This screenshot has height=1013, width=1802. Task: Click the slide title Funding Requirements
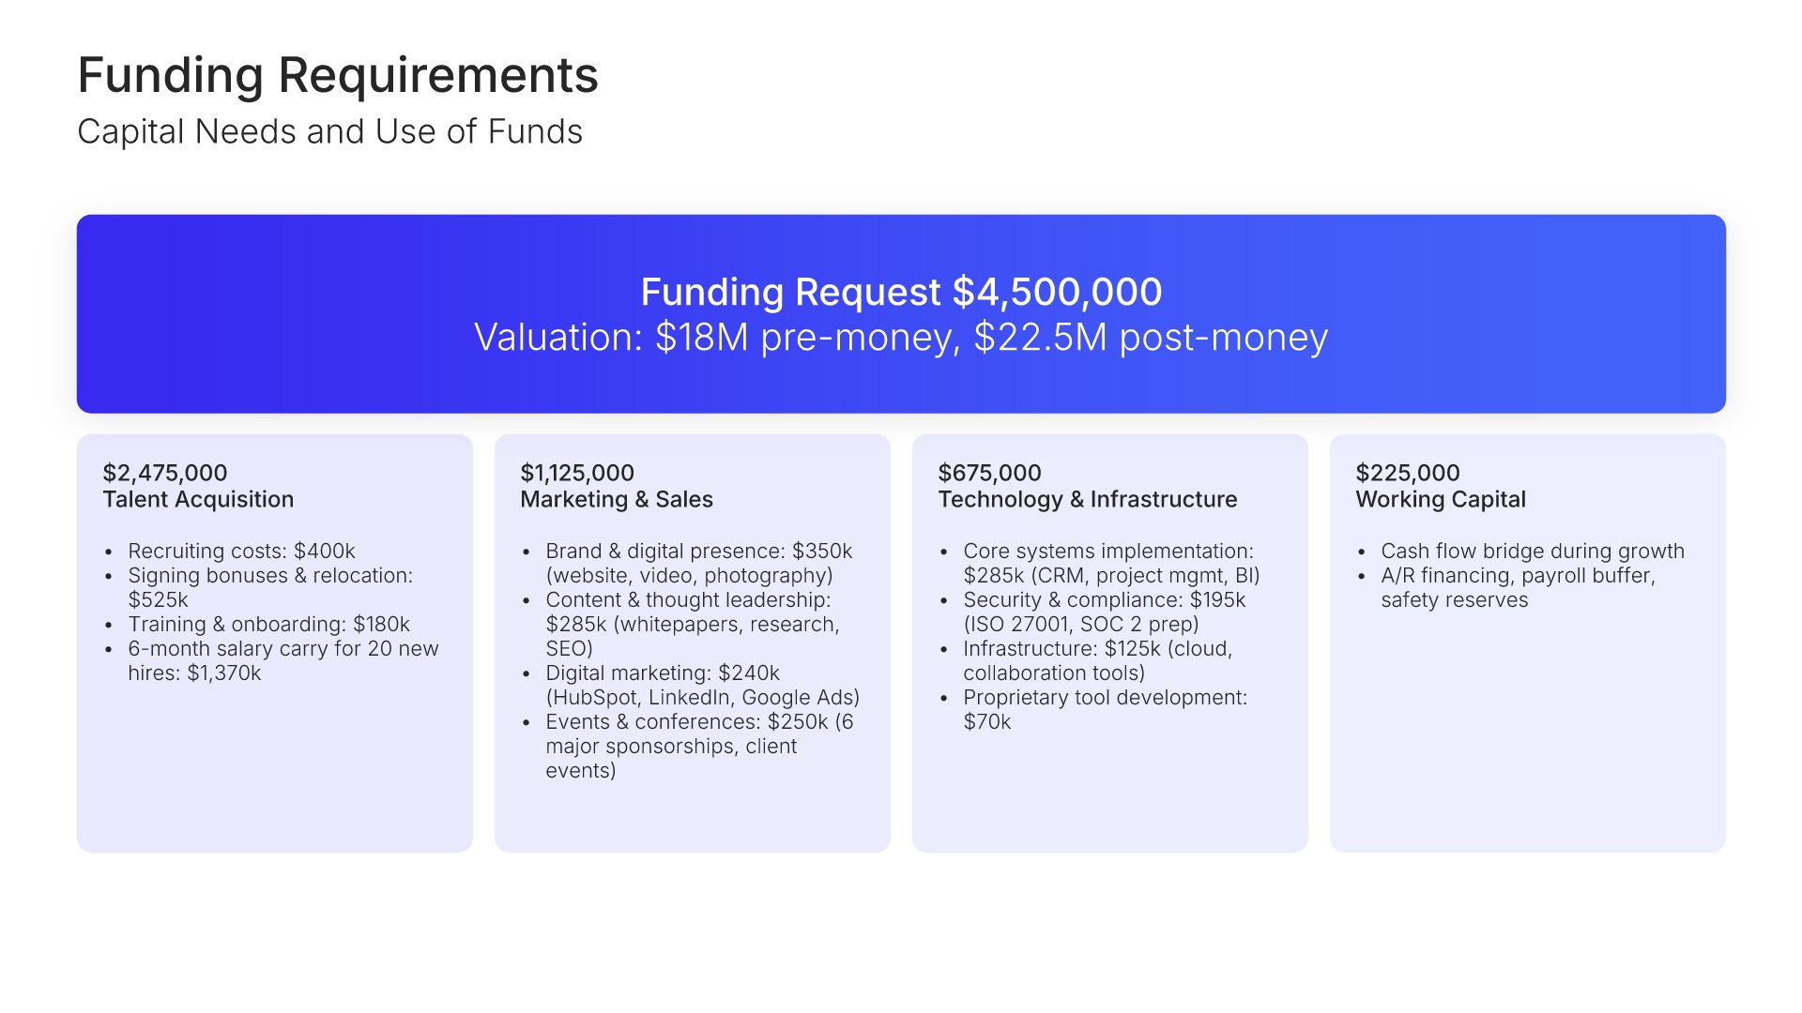coord(338,76)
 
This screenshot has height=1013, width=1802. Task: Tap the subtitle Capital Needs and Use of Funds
coord(329,131)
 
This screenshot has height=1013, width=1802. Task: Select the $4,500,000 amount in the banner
coord(1057,292)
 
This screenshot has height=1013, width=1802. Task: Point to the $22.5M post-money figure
coord(1151,338)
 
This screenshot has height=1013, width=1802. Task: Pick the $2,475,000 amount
coord(165,473)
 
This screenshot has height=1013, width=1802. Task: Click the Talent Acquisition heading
coord(198,499)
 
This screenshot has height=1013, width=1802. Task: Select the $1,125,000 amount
coord(577,473)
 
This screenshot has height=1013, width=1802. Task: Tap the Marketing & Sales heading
coord(617,499)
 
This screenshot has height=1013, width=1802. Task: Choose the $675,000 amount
coord(989,473)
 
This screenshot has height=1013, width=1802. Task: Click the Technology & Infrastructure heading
coord(1088,499)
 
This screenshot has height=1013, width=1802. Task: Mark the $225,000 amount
coord(1408,473)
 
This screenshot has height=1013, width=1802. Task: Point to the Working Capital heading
coord(1441,499)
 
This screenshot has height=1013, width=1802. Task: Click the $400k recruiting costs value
coord(325,551)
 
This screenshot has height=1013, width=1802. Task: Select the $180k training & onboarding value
coord(381,624)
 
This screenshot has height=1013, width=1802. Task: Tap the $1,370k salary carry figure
coord(224,673)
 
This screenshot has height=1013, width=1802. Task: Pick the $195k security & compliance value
coord(1217,599)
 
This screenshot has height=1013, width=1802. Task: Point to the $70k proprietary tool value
coord(987,721)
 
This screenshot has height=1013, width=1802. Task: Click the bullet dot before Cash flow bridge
coord(1361,552)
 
